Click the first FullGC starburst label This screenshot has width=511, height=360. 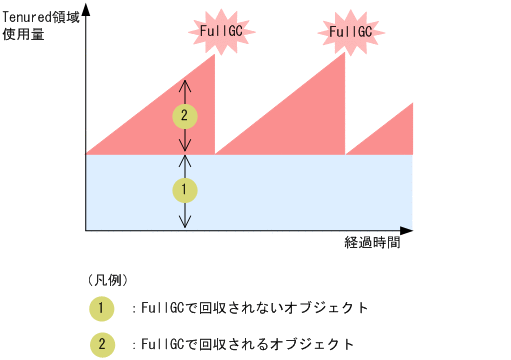pyautogui.click(x=221, y=32)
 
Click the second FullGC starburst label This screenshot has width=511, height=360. pyautogui.click(x=350, y=32)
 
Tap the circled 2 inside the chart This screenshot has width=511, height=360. pyautogui.click(x=185, y=115)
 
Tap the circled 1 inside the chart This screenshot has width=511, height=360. pyautogui.click(x=185, y=188)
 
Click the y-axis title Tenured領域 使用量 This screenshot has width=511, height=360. pyautogui.click(x=41, y=28)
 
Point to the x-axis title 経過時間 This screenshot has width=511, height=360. pyautogui.click(x=372, y=244)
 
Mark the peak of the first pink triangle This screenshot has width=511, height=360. pyautogui.click(x=214, y=56)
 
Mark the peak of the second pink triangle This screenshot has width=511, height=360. pyautogui.click(x=343, y=56)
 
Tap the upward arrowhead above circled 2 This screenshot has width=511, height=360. pyautogui.click(x=185, y=80)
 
